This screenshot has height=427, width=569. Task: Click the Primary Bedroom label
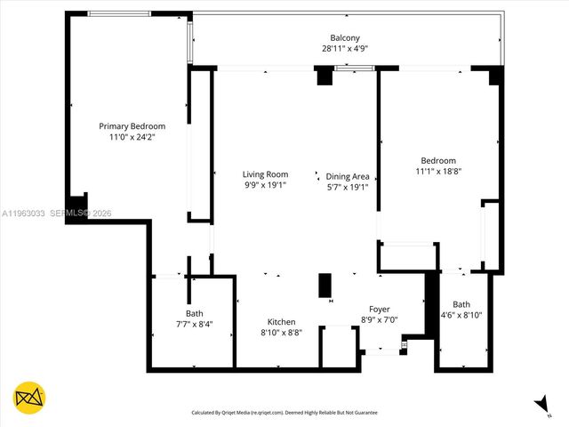pyautogui.click(x=132, y=126)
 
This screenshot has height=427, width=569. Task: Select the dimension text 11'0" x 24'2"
pyautogui.click(x=132, y=138)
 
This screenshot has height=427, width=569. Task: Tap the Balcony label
pyautogui.click(x=345, y=38)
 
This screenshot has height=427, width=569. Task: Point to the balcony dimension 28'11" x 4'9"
pyautogui.click(x=345, y=50)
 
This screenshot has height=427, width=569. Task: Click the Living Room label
pyautogui.click(x=266, y=174)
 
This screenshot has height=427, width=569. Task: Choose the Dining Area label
pyautogui.click(x=348, y=176)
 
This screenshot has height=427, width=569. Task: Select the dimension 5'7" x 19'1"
pyautogui.click(x=348, y=187)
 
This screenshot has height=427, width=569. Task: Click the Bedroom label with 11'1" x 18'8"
pyautogui.click(x=438, y=160)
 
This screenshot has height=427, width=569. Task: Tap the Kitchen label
pyautogui.click(x=282, y=321)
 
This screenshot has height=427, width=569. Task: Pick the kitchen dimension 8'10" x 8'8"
pyautogui.click(x=282, y=333)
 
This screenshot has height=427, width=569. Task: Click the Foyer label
pyautogui.click(x=380, y=309)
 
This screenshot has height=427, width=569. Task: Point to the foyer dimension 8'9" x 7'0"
pyautogui.click(x=380, y=319)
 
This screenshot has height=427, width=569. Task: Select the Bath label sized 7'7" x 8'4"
pyautogui.click(x=194, y=313)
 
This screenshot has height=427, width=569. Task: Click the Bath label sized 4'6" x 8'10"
pyautogui.click(x=461, y=304)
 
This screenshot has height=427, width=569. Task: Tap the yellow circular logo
pyautogui.click(x=29, y=398)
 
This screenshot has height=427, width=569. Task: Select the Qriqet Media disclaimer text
pyautogui.click(x=284, y=413)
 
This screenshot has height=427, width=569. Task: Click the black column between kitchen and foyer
pyautogui.click(x=325, y=285)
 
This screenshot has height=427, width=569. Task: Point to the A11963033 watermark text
pyautogui.click(x=24, y=213)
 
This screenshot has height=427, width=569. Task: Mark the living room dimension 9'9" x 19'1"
pyautogui.click(x=266, y=186)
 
